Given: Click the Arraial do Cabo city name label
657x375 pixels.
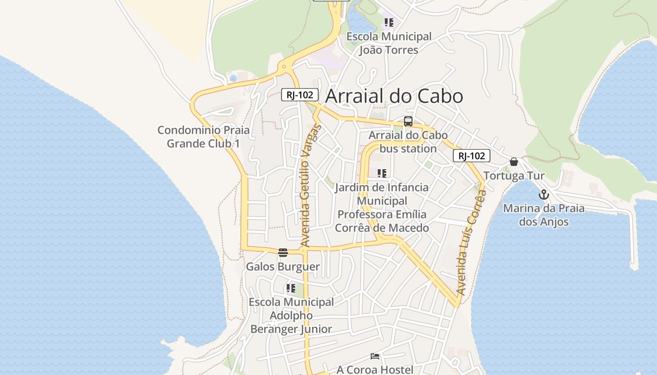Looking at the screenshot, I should click(394, 96).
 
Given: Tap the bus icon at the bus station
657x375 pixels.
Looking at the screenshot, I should click(408, 121).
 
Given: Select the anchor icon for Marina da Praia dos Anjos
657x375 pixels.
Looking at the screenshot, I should click(544, 195).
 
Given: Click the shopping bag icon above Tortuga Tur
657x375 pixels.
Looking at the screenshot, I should click(514, 162).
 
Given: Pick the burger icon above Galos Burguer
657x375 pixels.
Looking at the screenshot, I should click(283, 253).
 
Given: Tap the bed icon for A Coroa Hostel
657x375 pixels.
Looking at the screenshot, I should click(375, 356).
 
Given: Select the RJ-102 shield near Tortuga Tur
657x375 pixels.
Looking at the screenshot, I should click(471, 156).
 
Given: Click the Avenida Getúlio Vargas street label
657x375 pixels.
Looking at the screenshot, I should click(309, 185).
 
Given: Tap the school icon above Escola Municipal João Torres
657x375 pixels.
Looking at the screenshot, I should click(389, 22).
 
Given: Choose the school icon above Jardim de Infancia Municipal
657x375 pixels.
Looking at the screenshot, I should click(382, 173).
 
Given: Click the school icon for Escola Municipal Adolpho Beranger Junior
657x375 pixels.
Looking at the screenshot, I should click(291, 288).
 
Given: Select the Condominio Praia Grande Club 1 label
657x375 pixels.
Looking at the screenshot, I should click(203, 136).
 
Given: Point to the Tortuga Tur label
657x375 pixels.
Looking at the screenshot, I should click(514, 176).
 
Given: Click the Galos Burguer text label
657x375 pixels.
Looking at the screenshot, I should click(283, 267).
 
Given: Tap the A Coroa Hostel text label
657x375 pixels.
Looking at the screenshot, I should click(375, 370).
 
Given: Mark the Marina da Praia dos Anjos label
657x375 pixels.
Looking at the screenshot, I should click(544, 215).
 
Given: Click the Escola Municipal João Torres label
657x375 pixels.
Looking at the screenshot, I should click(389, 43).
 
